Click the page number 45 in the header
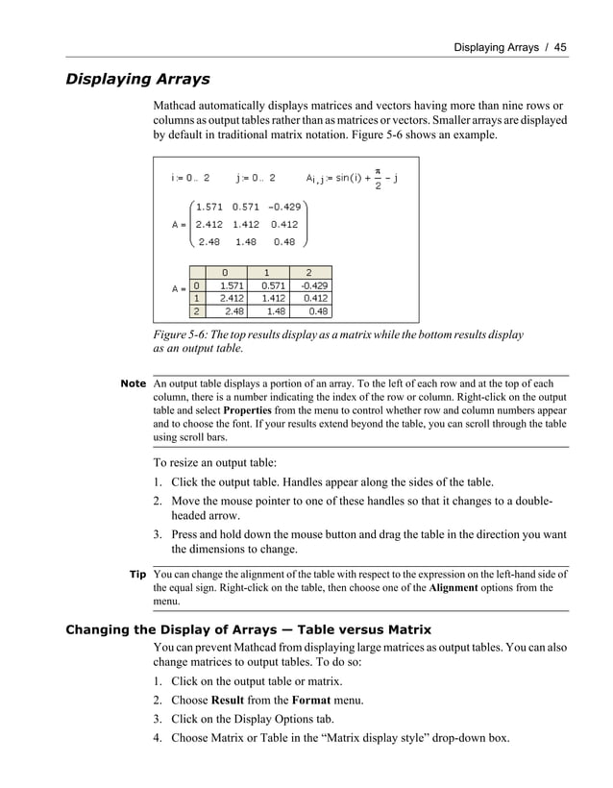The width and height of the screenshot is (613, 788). pos(560,46)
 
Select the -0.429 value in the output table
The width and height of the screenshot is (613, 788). pos(313,285)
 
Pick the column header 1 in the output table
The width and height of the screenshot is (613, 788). pos(267,272)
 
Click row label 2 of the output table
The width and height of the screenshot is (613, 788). pos(196,311)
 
